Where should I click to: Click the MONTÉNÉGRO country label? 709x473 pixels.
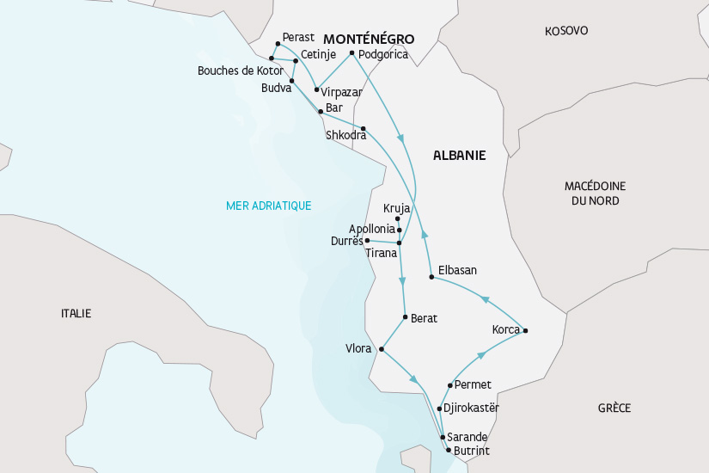coord(369,40)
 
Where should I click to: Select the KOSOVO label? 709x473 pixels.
coord(566,31)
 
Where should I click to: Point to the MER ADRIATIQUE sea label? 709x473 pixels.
coord(268,206)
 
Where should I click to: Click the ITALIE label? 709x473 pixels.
coord(76,313)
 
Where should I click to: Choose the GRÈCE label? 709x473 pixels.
coord(614,408)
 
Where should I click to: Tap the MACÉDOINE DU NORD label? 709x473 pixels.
coord(595,193)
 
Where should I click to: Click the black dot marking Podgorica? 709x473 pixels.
coord(352,53)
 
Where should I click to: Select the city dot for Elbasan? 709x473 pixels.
coord(431,277)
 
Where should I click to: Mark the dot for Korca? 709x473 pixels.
coord(525,331)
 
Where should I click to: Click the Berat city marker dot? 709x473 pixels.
coord(405,317)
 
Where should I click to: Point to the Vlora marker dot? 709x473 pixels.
coord(381,349)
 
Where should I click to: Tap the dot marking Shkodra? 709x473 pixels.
coord(364,129)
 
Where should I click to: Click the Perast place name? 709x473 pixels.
coord(298,37)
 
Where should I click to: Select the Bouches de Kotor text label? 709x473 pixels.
coord(240,71)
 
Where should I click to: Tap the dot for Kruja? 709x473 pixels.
coord(397,219)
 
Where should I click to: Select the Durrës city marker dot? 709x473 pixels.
coord(367,240)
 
